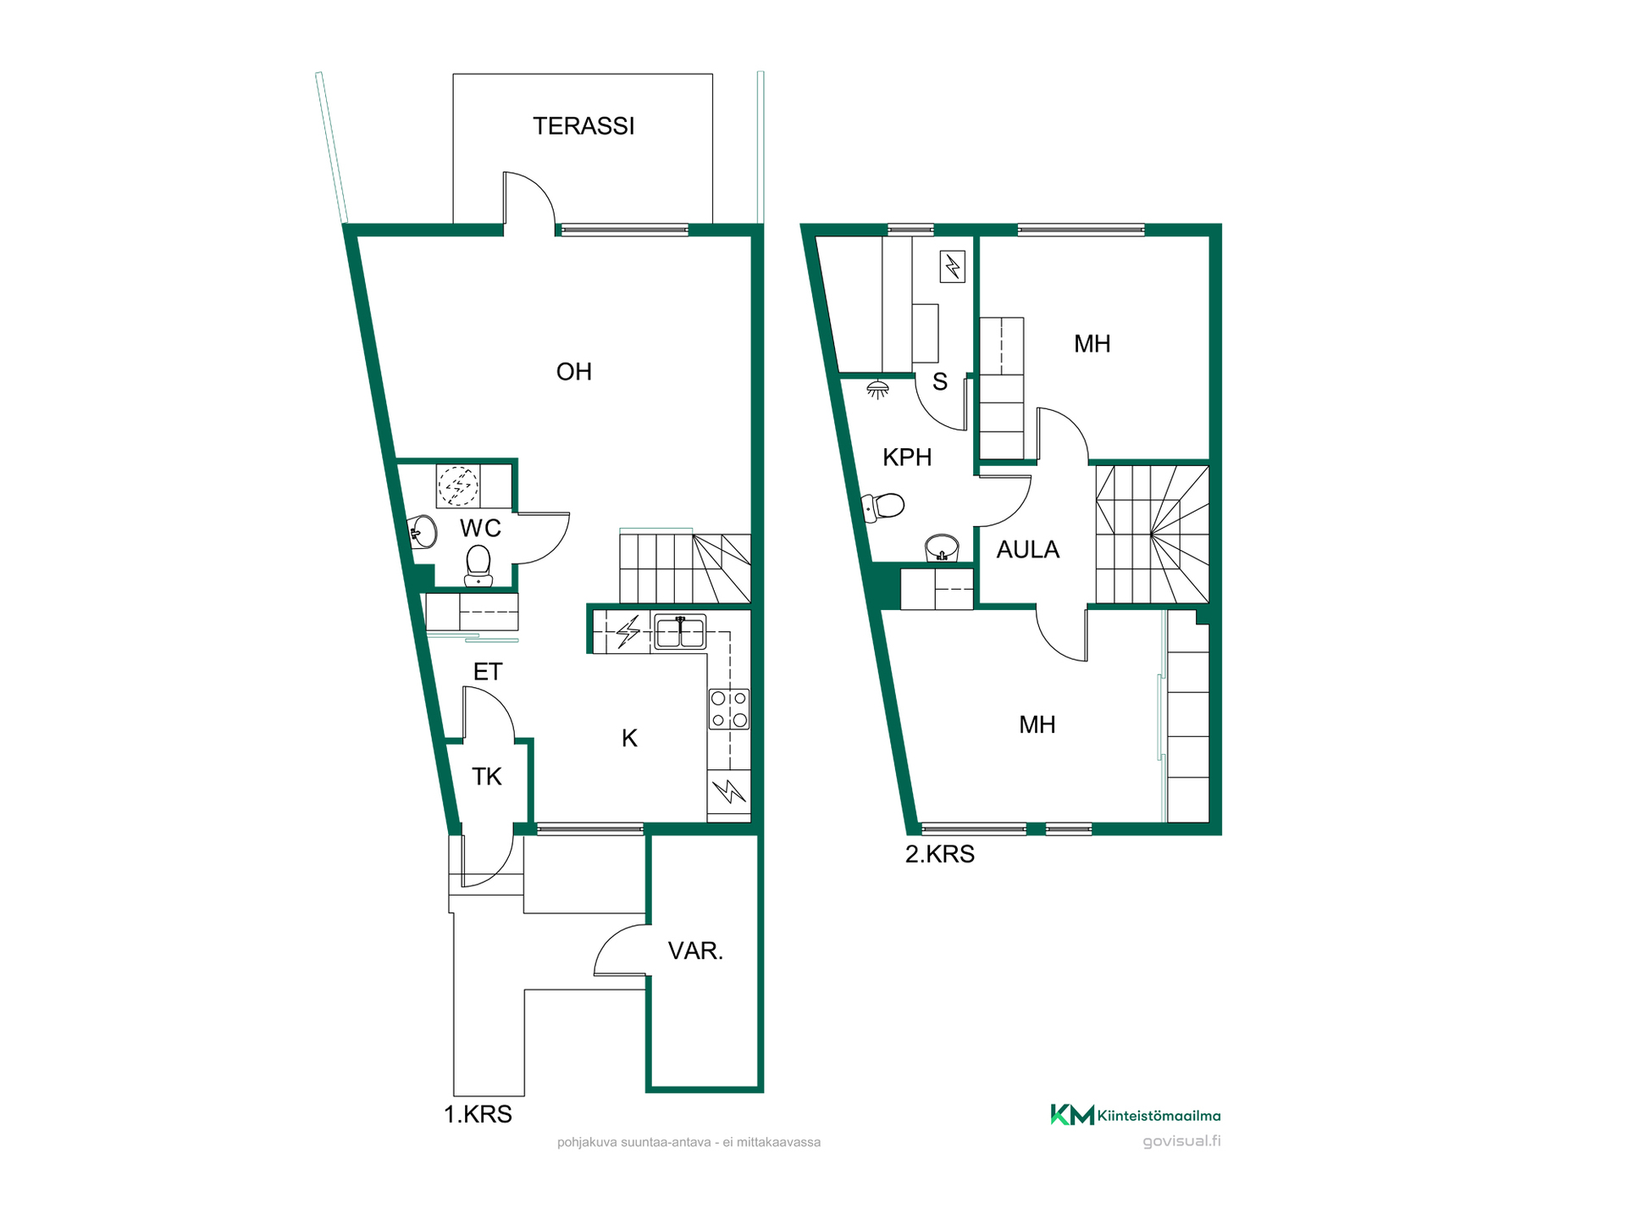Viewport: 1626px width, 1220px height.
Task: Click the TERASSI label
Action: pos(583,126)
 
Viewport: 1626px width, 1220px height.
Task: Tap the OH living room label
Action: pos(573,372)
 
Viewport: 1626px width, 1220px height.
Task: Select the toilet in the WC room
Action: pos(478,565)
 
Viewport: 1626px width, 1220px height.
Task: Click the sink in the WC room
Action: pos(423,532)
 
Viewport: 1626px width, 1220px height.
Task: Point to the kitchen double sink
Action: pos(680,632)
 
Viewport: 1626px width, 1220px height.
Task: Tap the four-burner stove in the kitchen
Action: pos(729,709)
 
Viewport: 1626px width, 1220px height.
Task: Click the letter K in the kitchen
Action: pos(629,739)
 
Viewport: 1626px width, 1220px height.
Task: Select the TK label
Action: pos(487,777)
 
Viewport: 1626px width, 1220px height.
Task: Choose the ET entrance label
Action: pos(488,672)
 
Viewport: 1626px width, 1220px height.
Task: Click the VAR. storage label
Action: pos(695,951)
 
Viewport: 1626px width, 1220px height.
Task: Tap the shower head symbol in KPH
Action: pos(878,389)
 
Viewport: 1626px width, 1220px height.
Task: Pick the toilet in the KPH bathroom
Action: pos(882,507)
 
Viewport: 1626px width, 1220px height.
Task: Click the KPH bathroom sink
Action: pos(942,548)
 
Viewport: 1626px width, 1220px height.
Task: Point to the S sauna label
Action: pos(940,382)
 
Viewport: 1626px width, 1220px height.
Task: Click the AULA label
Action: pos(1028,550)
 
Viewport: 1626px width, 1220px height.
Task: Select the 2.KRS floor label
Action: pos(940,854)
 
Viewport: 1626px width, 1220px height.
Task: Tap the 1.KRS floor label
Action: pos(478,1114)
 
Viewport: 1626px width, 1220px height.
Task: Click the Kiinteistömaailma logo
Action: pos(1136,1115)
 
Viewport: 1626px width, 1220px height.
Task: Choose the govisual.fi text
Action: pos(1181,1141)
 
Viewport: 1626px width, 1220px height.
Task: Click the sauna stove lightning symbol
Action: pos(953,267)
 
